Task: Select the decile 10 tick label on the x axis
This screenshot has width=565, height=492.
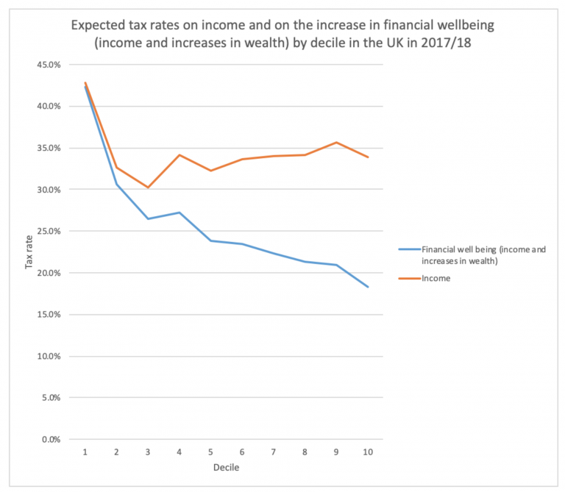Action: click(x=368, y=451)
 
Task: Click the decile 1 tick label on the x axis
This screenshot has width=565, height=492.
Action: click(x=85, y=451)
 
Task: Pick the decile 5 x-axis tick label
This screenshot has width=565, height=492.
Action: click(x=211, y=451)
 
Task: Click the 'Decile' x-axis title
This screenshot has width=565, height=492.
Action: click(x=227, y=467)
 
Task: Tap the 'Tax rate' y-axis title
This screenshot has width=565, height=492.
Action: click(x=30, y=252)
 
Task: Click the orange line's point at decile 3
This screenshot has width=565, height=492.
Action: click(x=148, y=188)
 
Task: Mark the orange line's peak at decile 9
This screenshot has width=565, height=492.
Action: click(x=336, y=142)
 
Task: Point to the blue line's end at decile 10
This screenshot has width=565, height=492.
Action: click(x=368, y=287)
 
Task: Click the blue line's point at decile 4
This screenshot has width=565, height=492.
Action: click(x=180, y=213)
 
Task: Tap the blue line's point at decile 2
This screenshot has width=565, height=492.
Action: click(x=117, y=184)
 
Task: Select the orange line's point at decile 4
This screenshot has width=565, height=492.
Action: click(x=180, y=155)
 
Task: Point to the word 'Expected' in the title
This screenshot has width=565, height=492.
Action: click(x=98, y=26)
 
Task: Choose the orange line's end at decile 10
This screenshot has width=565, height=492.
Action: click(x=368, y=157)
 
